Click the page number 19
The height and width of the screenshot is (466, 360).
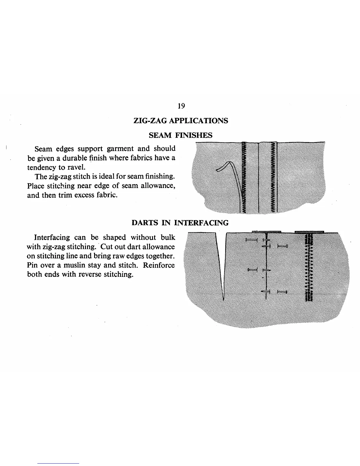181,106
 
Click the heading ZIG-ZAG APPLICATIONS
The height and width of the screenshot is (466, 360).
181,121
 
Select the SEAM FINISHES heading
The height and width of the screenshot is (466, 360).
180,135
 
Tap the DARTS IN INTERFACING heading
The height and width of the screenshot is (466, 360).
180,223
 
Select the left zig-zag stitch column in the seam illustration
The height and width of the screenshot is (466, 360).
244,177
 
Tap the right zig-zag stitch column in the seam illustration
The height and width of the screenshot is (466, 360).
274,177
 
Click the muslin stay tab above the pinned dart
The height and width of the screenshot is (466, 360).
266,231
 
